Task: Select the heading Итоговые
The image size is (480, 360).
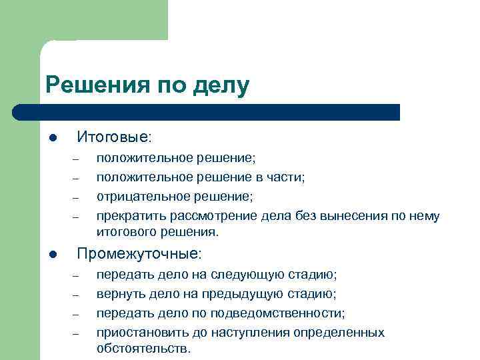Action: [x=113, y=137]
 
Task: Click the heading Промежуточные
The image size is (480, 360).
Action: [x=139, y=254]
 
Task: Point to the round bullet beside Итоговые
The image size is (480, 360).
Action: [x=53, y=139]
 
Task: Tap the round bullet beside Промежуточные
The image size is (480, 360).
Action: [x=53, y=255]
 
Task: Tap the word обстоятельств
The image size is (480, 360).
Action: [x=142, y=348]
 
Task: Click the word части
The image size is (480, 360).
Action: [x=284, y=177]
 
